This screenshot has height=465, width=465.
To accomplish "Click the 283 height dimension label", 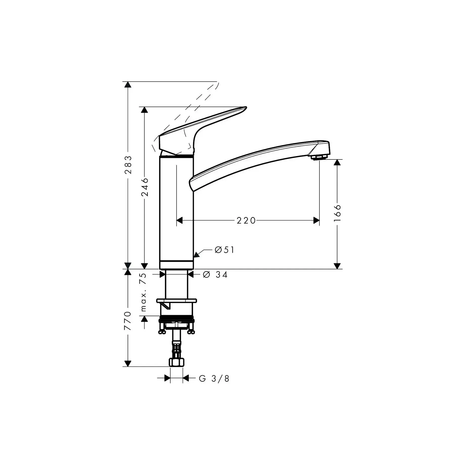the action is coord(128,165).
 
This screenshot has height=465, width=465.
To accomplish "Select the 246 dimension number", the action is coord(145,187).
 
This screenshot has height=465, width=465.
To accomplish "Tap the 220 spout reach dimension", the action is coord(246,221).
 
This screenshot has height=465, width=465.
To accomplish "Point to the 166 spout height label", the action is coord(337,213).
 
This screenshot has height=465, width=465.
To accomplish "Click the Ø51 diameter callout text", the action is coord(224,250).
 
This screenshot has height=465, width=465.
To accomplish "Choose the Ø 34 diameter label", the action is coord(215,274).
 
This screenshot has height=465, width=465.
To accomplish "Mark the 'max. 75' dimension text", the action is coord(143,292).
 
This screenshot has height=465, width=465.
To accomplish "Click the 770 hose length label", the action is coord(128,321).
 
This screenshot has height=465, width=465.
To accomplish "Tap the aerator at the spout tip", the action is coord(318,157).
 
